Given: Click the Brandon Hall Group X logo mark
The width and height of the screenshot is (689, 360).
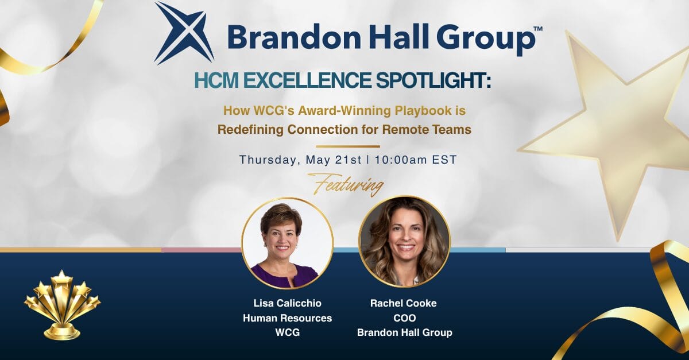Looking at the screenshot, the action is click(x=184, y=33).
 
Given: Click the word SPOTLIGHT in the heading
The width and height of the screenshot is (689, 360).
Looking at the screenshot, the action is click(x=433, y=80).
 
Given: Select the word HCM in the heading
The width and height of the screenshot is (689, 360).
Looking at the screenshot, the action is click(x=216, y=80).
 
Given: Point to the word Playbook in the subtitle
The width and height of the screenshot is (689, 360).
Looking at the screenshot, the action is click(x=423, y=111).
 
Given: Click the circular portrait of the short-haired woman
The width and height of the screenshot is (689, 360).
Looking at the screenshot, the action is click(x=287, y=243).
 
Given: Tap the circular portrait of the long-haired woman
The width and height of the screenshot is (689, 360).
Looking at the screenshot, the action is click(x=404, y=242).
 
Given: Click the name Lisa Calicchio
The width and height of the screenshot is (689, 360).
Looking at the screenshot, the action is click(x=287, y=303).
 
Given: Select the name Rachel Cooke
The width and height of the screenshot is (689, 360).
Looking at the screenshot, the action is click(x=404, y=303).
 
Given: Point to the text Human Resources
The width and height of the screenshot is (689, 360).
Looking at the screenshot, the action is click(x=287, y=318).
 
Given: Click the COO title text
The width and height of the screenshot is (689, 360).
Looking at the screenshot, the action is click(x=404, y=318).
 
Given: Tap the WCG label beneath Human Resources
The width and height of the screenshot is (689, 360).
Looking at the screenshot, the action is click(x=287, y=332).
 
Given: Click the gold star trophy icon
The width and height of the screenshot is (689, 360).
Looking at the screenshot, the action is click(x=63, y=305).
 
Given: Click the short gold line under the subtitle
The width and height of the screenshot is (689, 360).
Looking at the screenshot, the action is click(x=348, y=146).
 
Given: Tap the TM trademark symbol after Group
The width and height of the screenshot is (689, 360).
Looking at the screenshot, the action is click(x=537, y=29).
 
